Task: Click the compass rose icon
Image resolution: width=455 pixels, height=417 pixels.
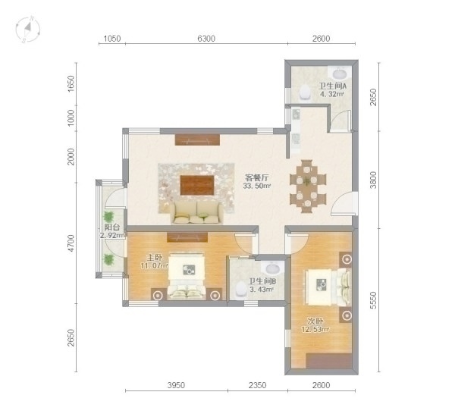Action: (27, 29)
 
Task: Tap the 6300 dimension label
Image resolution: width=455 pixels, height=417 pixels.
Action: (206, 39)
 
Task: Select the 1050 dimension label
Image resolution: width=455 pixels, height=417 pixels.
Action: (112, 39)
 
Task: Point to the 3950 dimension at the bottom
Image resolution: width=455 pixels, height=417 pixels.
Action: (176, 385)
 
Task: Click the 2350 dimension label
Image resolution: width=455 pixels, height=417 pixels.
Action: (257, 385)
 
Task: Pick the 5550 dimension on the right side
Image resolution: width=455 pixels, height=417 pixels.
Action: (373, 300)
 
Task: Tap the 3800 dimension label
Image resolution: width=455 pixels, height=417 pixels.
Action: (373, 180)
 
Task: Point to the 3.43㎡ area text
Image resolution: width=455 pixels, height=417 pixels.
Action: (262, 290)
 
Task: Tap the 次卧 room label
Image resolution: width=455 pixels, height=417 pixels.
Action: (315, 321)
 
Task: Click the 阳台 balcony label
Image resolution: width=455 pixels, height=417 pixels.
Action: (112, 227)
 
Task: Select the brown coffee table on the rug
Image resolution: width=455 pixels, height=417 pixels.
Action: (197, 185)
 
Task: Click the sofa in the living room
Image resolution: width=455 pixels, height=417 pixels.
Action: (197, 213)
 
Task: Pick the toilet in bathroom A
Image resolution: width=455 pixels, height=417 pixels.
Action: (305, 92)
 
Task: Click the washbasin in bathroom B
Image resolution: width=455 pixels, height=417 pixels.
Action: (272, 268)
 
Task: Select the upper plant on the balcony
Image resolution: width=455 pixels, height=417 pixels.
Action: (108, 217)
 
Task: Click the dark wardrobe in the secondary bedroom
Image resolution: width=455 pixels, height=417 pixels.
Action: (329, 361)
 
